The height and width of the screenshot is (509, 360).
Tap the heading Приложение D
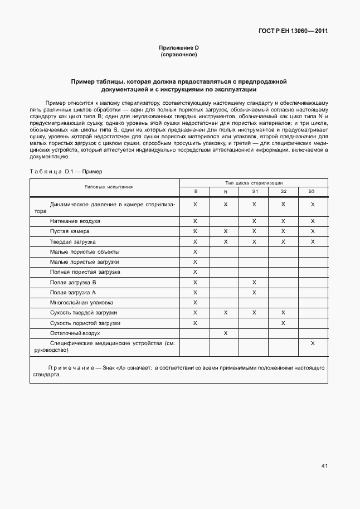(179, 49)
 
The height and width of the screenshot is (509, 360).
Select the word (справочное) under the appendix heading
(179, 55)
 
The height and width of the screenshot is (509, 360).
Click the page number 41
(324, 466)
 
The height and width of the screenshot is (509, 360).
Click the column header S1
(254, 192)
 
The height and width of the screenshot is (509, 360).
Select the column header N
(225, 192)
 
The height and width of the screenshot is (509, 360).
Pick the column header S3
(312, 192)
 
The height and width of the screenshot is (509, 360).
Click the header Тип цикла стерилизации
(254, 182)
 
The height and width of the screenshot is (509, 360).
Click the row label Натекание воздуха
(75, 221)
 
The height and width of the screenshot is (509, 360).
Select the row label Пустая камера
(69, 231)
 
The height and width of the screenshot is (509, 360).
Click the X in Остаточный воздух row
(225, 333)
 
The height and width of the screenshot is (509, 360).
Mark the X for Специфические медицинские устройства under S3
(313, 343)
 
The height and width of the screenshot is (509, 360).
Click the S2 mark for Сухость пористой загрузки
(283, 323)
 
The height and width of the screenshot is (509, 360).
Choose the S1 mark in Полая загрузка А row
(254, 292)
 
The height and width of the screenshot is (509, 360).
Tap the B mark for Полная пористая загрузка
(196, 272)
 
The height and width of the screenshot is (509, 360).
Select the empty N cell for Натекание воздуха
(225, 221)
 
